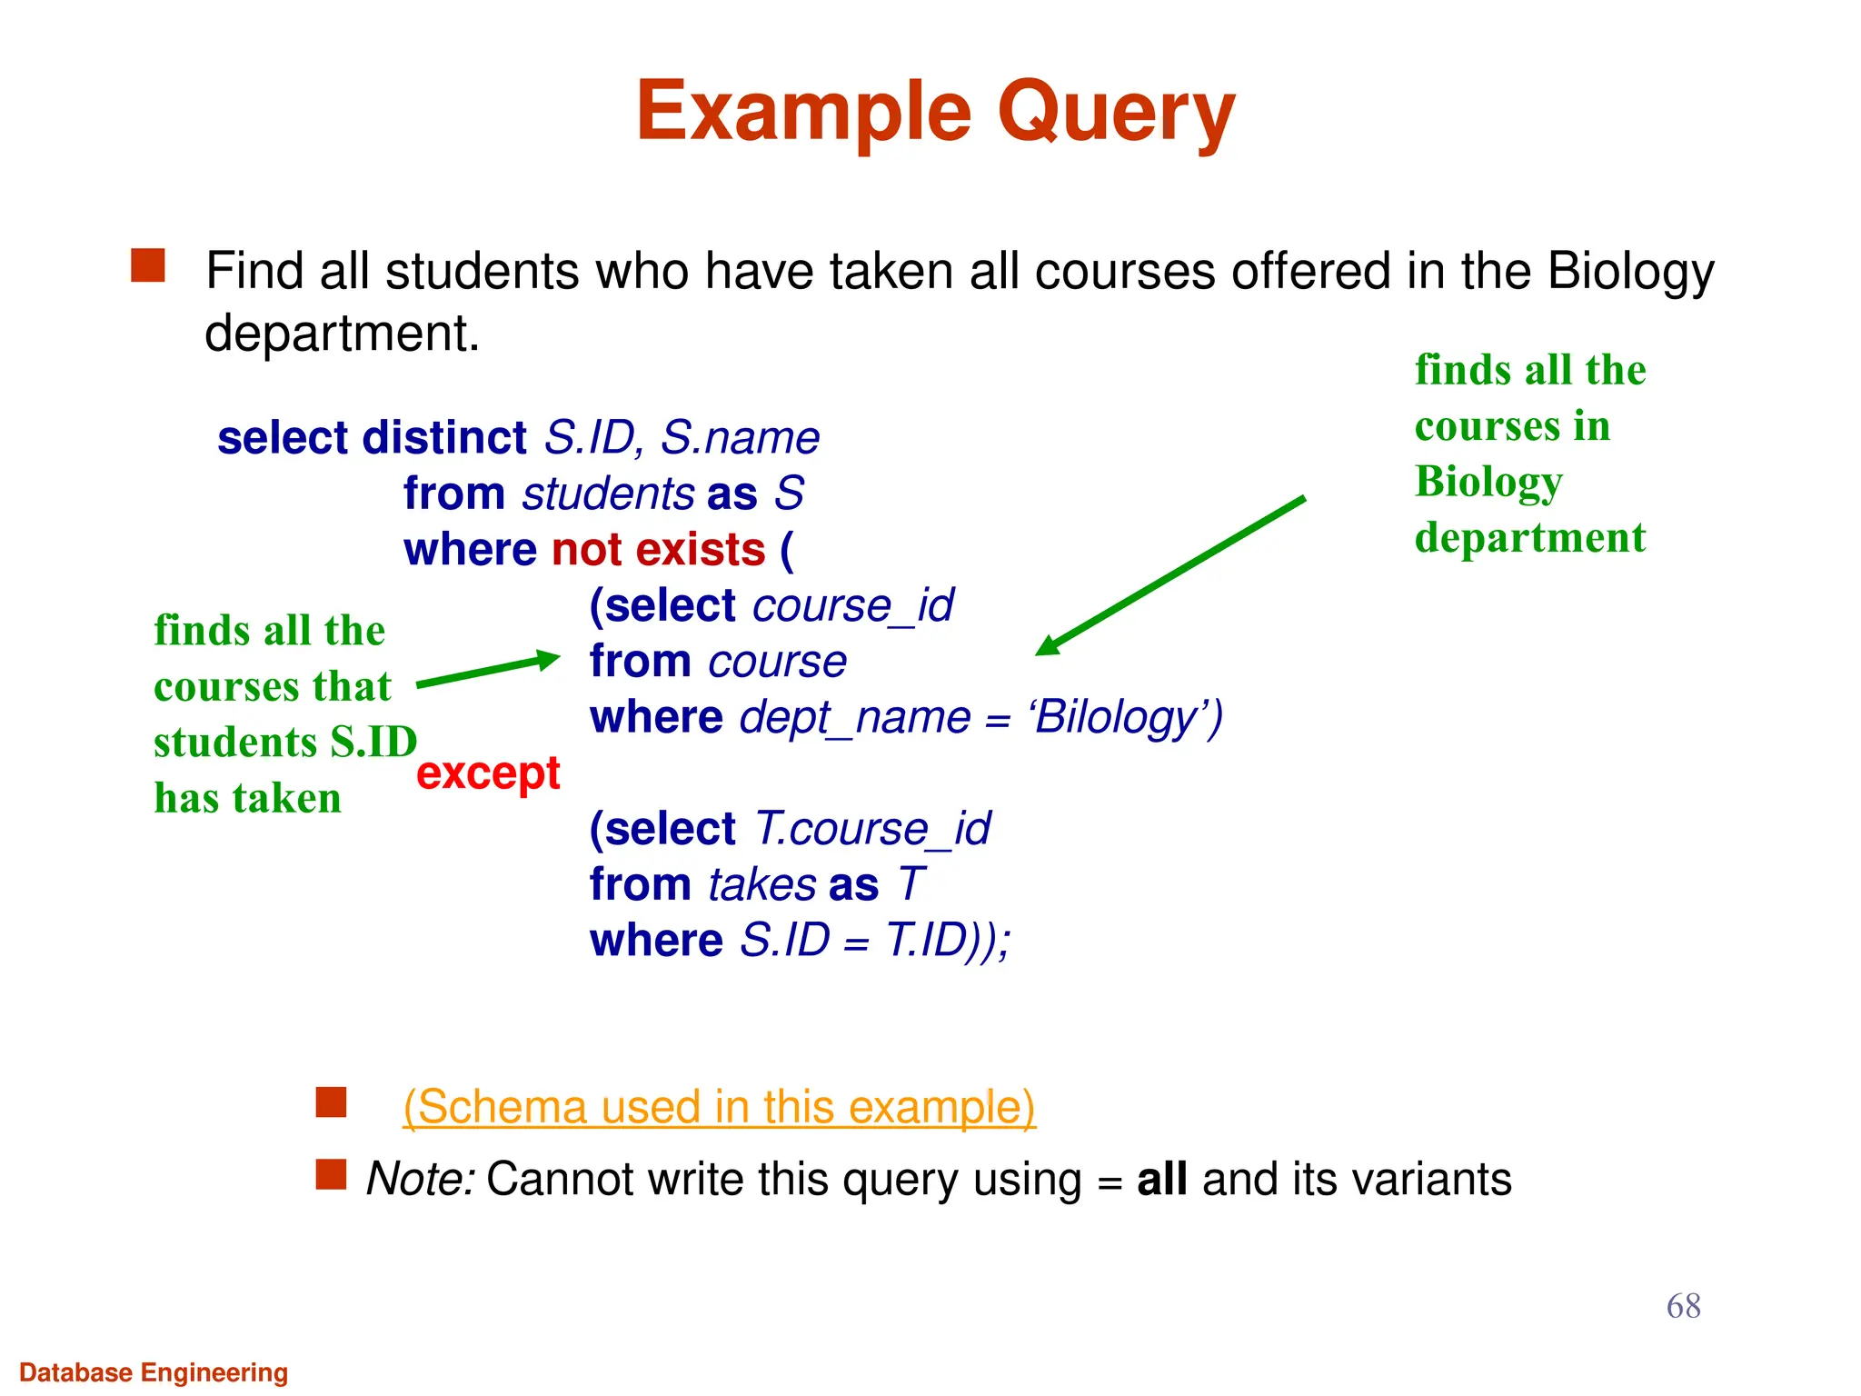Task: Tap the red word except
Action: click(x=488, y=773)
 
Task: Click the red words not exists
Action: click(x=659, y=550)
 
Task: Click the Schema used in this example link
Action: click(x=719, y=1107)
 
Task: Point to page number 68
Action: click(x=1683, y=1306)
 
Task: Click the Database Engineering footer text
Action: click(x=154, y=1372)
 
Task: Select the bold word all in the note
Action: click(x=1161, y=1180)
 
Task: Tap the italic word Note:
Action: click(x=420, y=1180)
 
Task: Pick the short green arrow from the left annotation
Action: click(x=489, y=671)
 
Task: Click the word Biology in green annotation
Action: click(x=1488, y=482)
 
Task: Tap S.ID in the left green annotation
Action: click(x=373, y=743)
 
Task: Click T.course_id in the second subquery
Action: click(x=872, y=829)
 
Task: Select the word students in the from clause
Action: click(x=608, y=494)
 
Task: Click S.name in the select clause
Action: click(x=740, y=438)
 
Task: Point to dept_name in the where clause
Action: click(x=854, y=718)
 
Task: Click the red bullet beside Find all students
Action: click(x=148, y=266)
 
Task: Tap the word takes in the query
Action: click(x=761, y=885)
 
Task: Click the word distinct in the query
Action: click(x=444, y=438)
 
